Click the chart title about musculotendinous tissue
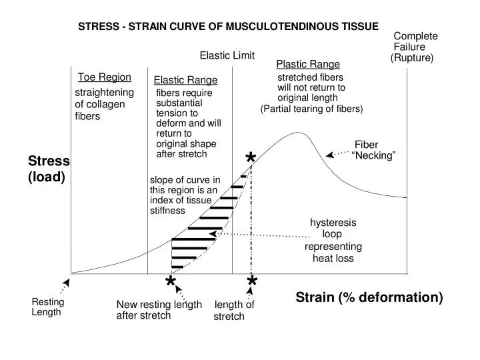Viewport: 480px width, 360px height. coord(228,27)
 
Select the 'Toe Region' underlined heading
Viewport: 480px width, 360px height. coord(104,77)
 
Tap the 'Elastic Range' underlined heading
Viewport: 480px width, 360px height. coord(185,81)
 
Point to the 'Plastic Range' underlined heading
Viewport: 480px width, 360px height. coord(308,65)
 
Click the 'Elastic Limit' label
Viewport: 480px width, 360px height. coord(227,55)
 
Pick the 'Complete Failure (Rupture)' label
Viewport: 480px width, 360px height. coord(413,47)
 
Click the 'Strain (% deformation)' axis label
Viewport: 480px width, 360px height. coord(369,297)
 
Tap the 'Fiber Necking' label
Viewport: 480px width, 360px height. coord(372,150)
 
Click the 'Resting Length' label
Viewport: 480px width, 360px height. coord(47,307)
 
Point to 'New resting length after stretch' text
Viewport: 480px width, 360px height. coord(159,310)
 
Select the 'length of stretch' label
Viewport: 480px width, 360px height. coord(233,311)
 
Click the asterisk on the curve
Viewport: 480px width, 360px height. coord(251,159)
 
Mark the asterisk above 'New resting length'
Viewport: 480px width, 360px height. coord(171,283)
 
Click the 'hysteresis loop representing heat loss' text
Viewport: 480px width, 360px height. coord(333,240)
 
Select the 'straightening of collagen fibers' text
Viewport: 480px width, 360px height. coord(103,104)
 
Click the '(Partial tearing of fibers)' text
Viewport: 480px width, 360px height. coord(311,109)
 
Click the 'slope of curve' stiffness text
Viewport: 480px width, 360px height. coord(185,195)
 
